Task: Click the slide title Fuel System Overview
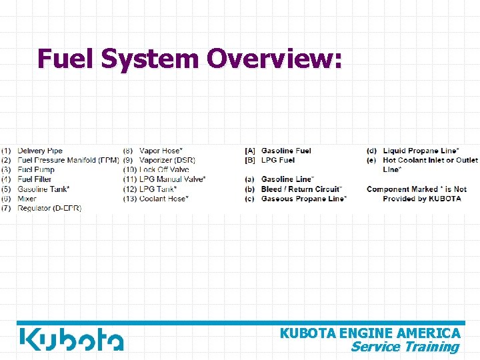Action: click(190, 59)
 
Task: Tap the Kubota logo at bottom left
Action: click(71, 339)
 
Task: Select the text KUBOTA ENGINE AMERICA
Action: click(370, 333)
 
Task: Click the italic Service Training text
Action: click(405, 347)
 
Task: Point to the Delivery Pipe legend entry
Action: click(40, 151)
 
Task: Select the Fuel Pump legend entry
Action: click(36, 169)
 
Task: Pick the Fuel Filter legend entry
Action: click(35, 179)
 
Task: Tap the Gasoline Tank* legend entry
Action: click(43, 189)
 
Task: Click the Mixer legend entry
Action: click(27, 199)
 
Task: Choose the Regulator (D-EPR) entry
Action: click(49, 209)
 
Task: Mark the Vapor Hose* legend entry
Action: click(161, 151)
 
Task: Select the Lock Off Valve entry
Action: click(164, 169)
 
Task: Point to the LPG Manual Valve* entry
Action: click(172, 179)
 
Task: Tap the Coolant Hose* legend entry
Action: click(164, 199)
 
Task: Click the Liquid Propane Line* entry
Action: click(420, 151)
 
